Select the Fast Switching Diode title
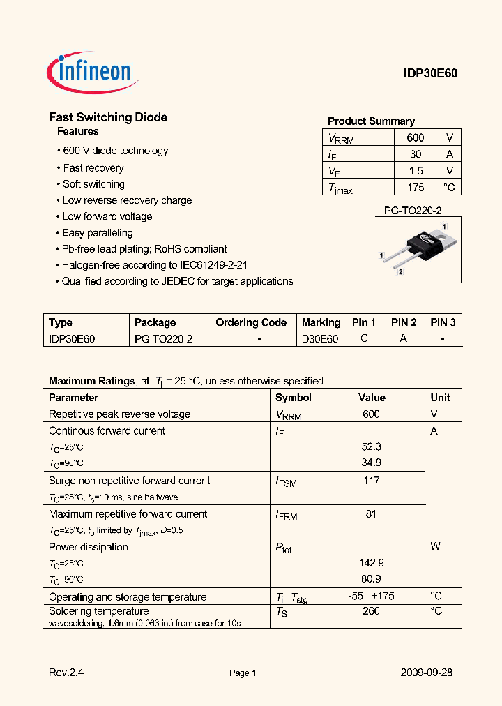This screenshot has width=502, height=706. tap(108, 117)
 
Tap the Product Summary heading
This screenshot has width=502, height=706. tap(371, 121)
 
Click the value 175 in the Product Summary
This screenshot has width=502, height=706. tap(416, 188)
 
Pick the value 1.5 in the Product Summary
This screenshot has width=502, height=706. tap(416, 171)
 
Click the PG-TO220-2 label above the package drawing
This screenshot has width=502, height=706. tap(413, 211)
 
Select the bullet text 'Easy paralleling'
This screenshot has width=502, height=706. tap(97, 233)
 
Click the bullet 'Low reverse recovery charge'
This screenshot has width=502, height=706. tap(127, 200)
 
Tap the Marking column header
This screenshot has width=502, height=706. tap(321, 322)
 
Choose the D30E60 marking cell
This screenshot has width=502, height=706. tap(320, 338)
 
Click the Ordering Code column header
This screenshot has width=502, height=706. tap(251, 322)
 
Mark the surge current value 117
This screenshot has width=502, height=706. tap(371, 481)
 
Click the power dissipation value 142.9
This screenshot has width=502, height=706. tap(371, 563)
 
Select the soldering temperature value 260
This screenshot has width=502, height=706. tap(371, 611)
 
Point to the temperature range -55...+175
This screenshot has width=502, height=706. tap(371, 596)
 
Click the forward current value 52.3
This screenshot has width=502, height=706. tap(371, 447)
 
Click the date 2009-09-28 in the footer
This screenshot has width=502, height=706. tap(426, 673)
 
